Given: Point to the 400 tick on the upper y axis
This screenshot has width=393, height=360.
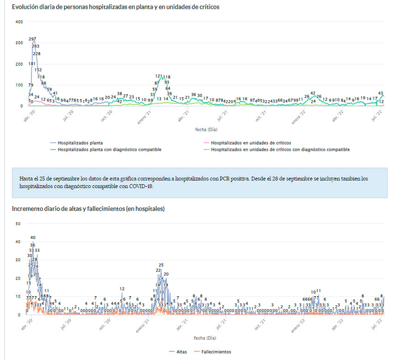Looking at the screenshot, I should (18, 22).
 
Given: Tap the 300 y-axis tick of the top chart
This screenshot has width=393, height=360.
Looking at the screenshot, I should (18, 43).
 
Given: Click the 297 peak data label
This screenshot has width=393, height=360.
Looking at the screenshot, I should (32, 39).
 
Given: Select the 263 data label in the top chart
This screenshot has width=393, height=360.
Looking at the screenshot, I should (36, 46).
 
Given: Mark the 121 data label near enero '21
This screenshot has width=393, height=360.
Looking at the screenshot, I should (159, 76).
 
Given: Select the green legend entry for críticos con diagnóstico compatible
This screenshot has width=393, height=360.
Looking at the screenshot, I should (280, 150).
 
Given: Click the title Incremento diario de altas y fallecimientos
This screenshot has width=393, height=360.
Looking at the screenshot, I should (88, 209).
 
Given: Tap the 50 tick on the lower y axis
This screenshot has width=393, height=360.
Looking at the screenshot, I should (18, 224).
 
